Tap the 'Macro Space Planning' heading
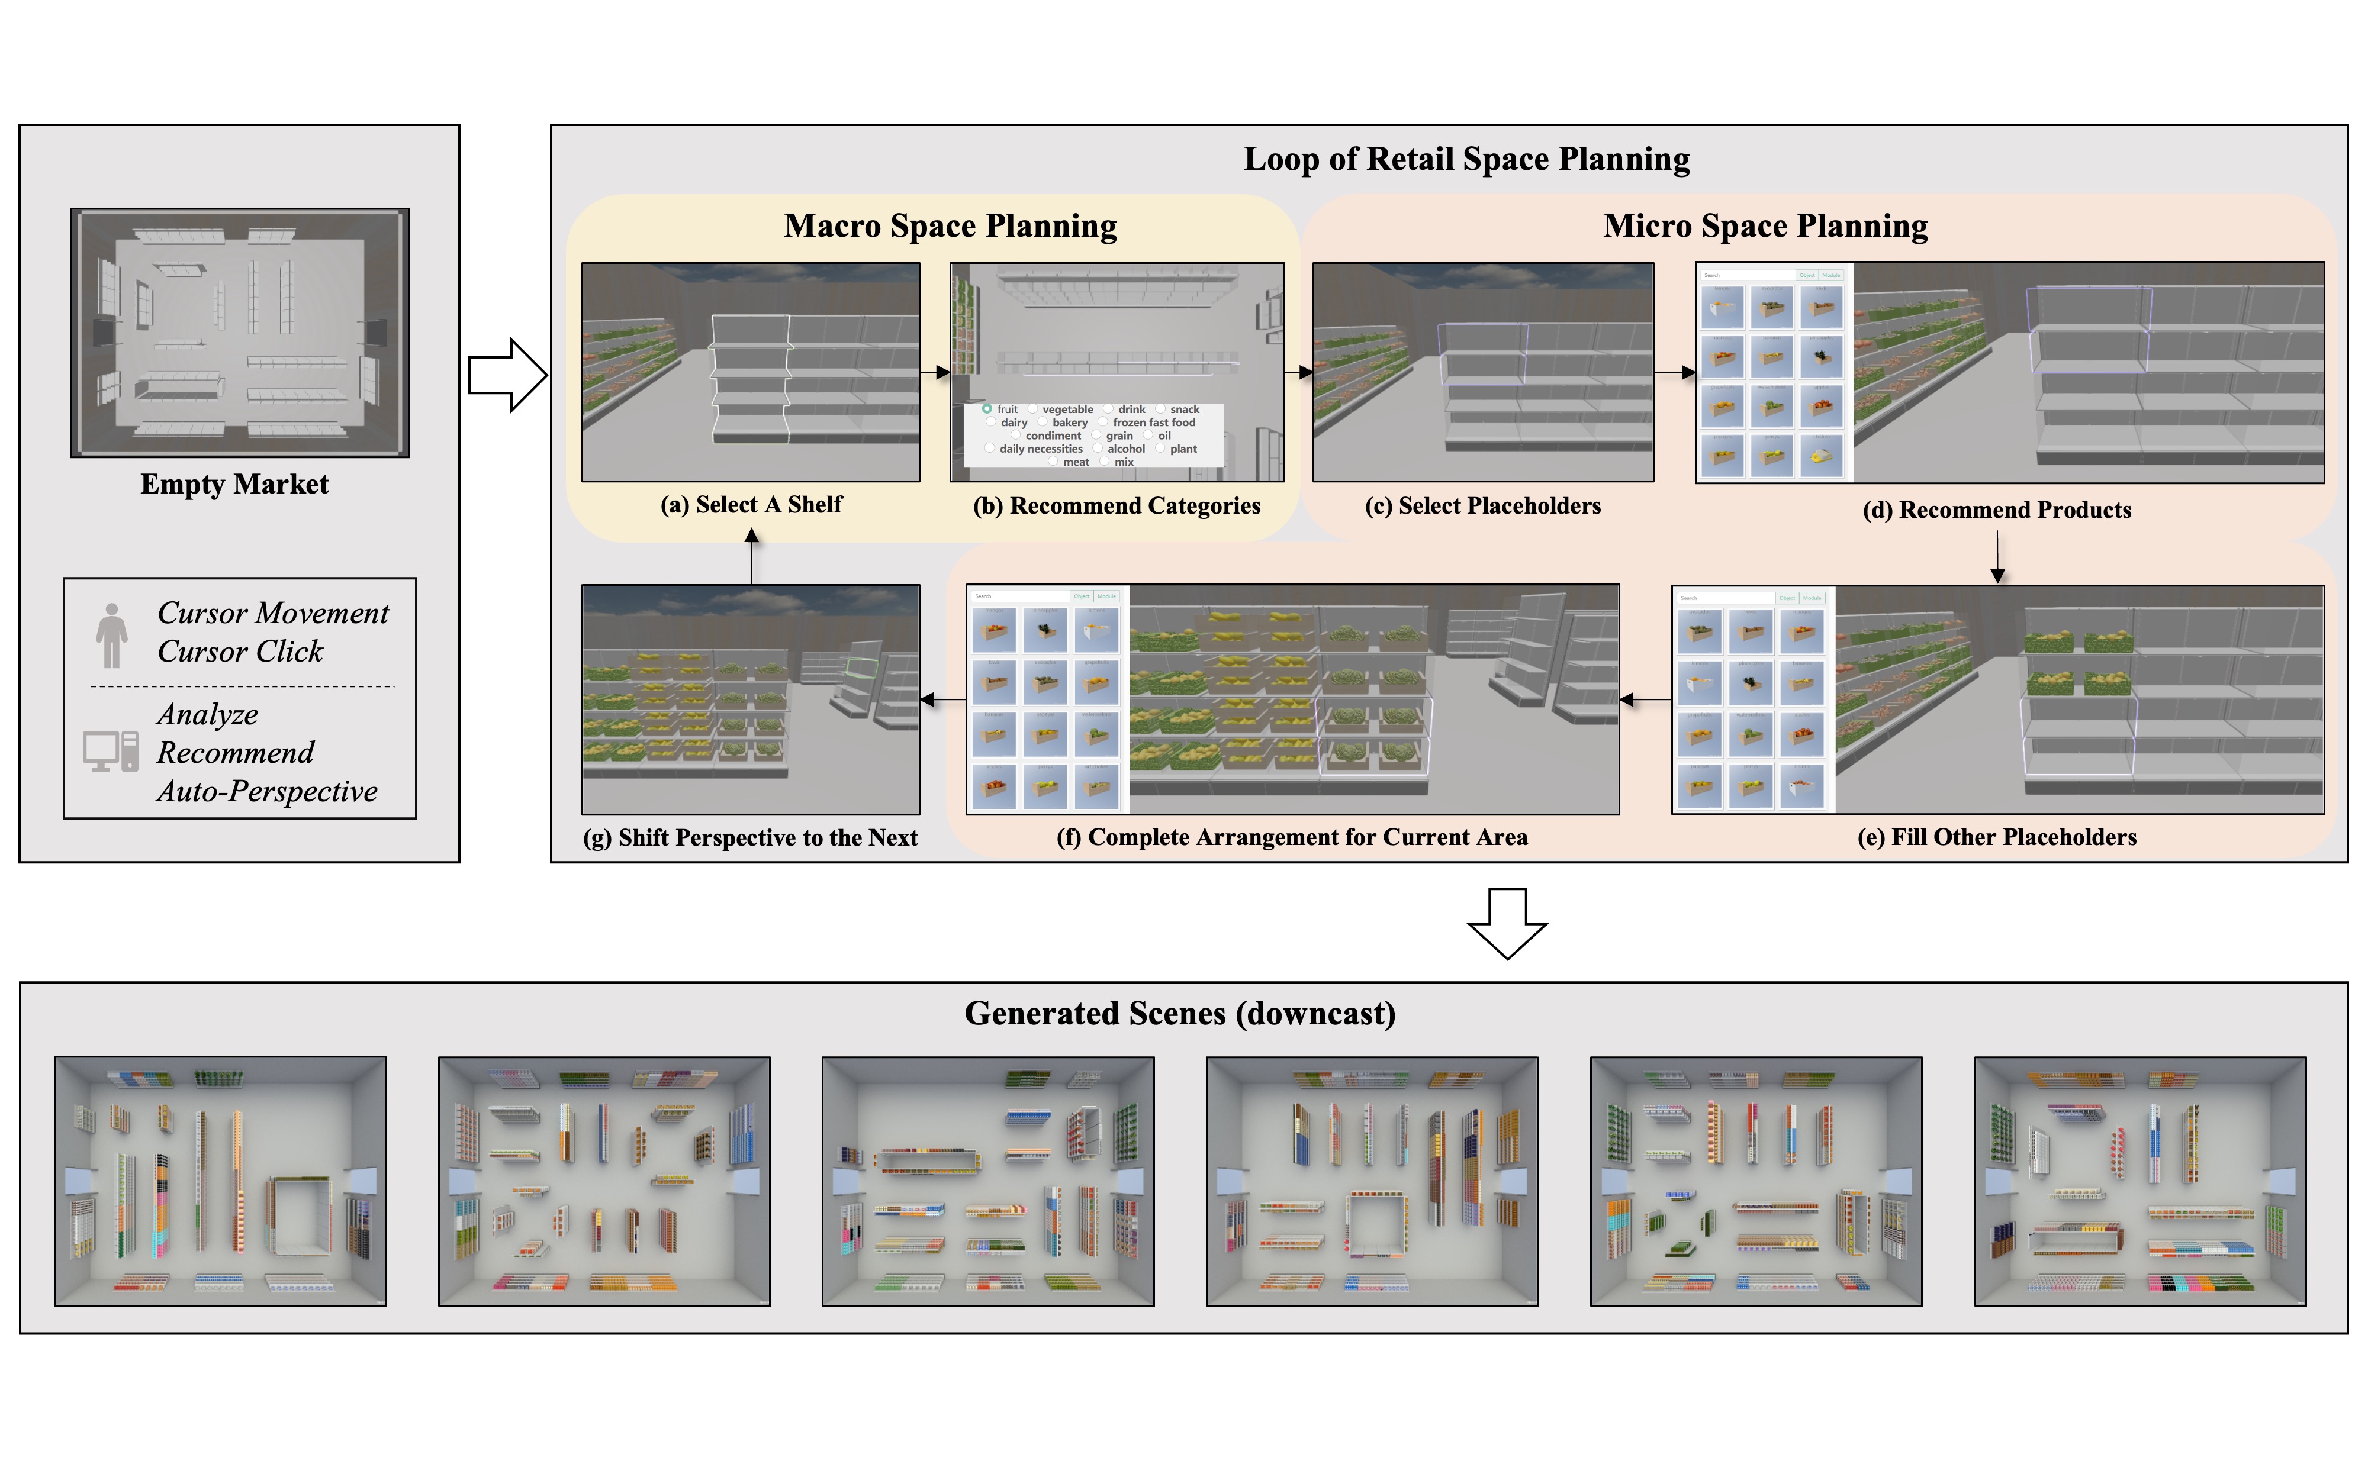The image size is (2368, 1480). [950, 226]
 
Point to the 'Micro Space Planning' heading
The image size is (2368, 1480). [1764, 226]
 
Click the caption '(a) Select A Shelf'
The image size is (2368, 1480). [751, 505]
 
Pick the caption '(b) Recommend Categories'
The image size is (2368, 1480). [1116, 506]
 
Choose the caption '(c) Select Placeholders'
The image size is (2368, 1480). [1482, 506]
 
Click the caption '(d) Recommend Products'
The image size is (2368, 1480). [1996, 510]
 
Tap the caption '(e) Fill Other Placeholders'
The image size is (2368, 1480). [1996, 838]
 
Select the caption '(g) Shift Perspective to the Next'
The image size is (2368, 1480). [750, 838]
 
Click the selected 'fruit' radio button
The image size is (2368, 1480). [987, 408]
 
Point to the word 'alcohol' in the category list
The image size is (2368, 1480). [1126, 449]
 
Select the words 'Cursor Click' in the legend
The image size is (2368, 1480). [240, 652]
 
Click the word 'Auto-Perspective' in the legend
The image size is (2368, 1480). [266, 792]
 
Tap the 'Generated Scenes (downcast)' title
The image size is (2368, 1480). [1180, 1013]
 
